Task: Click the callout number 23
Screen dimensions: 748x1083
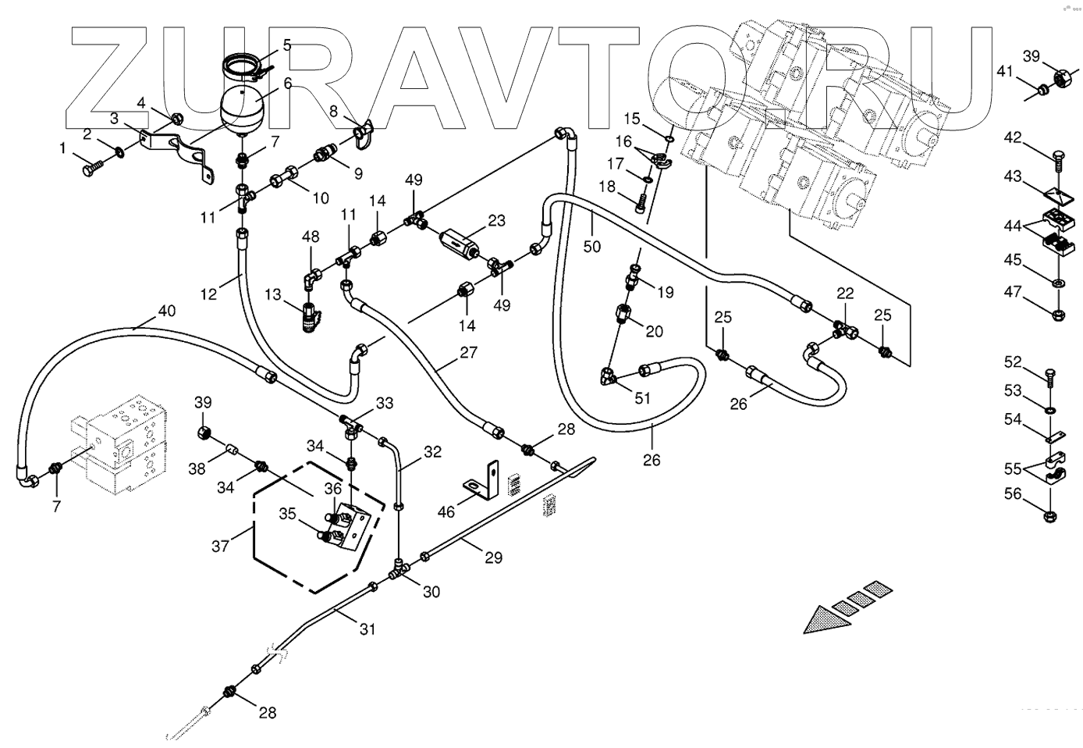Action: pyautogui.click(x=497, y=221)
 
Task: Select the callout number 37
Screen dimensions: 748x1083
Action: pyautogui.click(x=221, y=546)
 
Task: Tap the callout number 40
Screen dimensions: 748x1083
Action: pyautogui.click(x=166, y=311)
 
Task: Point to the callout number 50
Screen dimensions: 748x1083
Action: pyautogui.click(x=592, y=246)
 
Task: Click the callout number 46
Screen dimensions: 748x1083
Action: pyautogui.click(x=446, y=512)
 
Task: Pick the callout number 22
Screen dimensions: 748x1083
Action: pyautogui.click(x=845, y=294)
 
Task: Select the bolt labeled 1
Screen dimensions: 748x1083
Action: pyautogui.click(x=91, y=166)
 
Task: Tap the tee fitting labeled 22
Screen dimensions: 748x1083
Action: pyautogui.click(x=844, y=329)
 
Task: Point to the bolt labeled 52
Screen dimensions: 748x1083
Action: pyautogui.click(x=1049, y=376)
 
